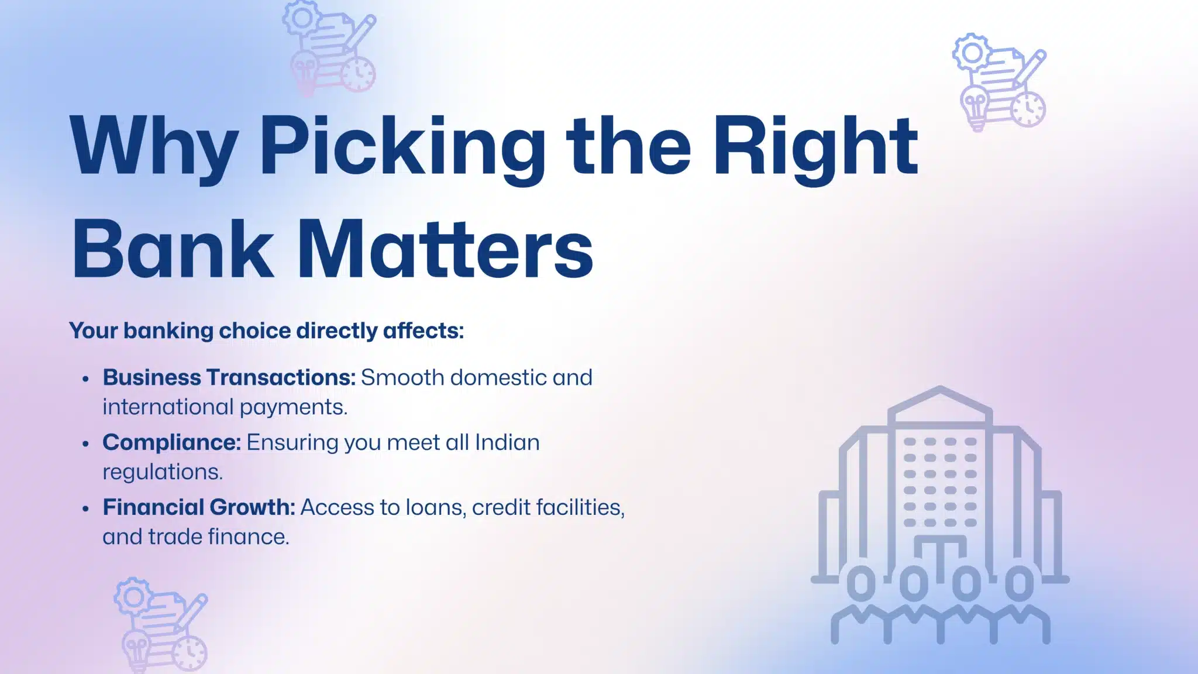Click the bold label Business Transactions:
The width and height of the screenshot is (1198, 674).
pos(229,377)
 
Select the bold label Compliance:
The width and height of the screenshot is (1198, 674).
pos(171,442)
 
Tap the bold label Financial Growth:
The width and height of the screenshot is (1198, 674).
pos(199,507)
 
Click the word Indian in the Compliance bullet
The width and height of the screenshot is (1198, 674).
pos(507,442)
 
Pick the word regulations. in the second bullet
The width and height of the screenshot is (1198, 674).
pos(163,472)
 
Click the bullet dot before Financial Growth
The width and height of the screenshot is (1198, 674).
pos(86,508)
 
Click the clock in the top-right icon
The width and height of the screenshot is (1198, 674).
pos(1028,109)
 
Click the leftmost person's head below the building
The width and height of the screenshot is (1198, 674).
pos(861,583)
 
